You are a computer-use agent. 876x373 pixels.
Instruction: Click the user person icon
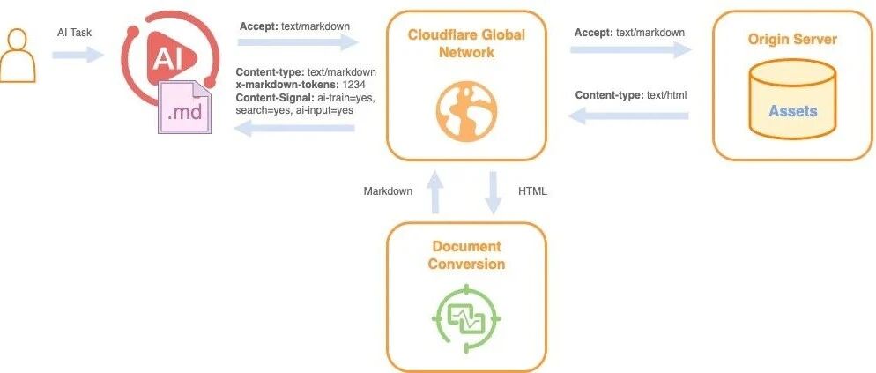point(17,56)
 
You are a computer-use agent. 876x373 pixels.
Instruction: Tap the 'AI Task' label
point(74,33)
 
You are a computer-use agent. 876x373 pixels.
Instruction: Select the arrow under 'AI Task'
point(78,55)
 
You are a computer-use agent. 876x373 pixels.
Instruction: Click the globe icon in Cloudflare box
point(466,111)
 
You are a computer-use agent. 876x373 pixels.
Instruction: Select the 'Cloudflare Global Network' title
point(466,43)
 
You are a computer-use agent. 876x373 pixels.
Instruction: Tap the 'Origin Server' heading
point(793,40)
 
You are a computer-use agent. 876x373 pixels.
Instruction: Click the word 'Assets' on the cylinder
point(793,111)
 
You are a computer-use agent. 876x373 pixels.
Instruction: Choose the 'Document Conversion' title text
point(466,255)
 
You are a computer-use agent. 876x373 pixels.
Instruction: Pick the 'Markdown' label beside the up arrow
point(389,191)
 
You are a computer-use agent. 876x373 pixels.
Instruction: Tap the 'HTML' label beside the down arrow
point(532,191)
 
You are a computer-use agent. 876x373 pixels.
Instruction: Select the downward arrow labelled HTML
point(493,193)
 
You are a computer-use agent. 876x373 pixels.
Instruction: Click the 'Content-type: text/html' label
point(631,95)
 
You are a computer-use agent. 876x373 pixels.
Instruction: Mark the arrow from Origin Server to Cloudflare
point(628,116)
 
